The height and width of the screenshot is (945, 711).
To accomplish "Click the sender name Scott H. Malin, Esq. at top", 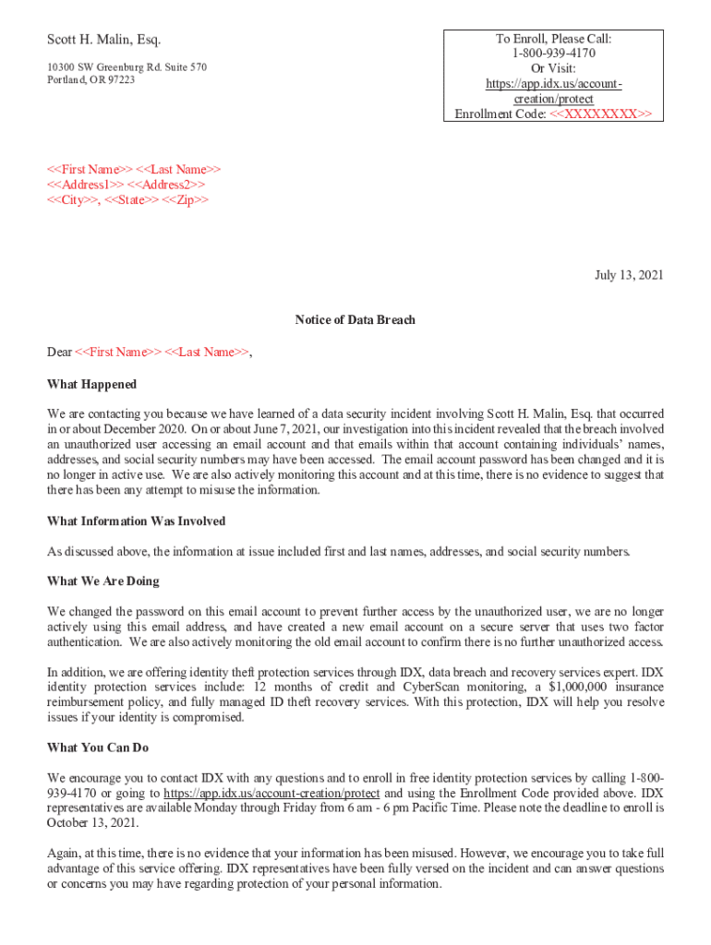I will pos(103,40).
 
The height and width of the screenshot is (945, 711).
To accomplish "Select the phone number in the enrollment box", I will pos(553,54).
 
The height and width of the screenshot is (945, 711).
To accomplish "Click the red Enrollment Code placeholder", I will pos(600,114).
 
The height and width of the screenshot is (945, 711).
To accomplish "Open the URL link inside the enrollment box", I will pos(553,91).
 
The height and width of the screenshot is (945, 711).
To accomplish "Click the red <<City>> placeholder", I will pos(74,199).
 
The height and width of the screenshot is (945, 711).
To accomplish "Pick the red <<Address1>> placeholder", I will pos(84,185).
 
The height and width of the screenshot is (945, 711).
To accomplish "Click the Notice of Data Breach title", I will pos(355,320).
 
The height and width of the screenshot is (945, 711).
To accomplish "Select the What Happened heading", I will pos(91,384).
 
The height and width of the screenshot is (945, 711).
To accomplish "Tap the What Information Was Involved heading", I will pos(136,521).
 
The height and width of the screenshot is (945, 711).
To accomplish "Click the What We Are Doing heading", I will pos(102,581).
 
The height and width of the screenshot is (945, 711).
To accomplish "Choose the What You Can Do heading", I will pos(98,748).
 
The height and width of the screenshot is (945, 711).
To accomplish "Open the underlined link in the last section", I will pos(271,793).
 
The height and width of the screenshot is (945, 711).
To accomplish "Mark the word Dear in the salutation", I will pos(59,352).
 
